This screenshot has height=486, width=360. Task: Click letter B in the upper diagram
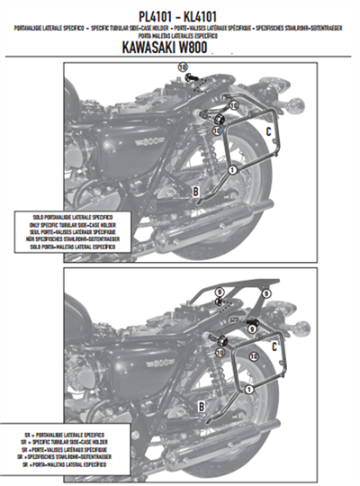[195, 190]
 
